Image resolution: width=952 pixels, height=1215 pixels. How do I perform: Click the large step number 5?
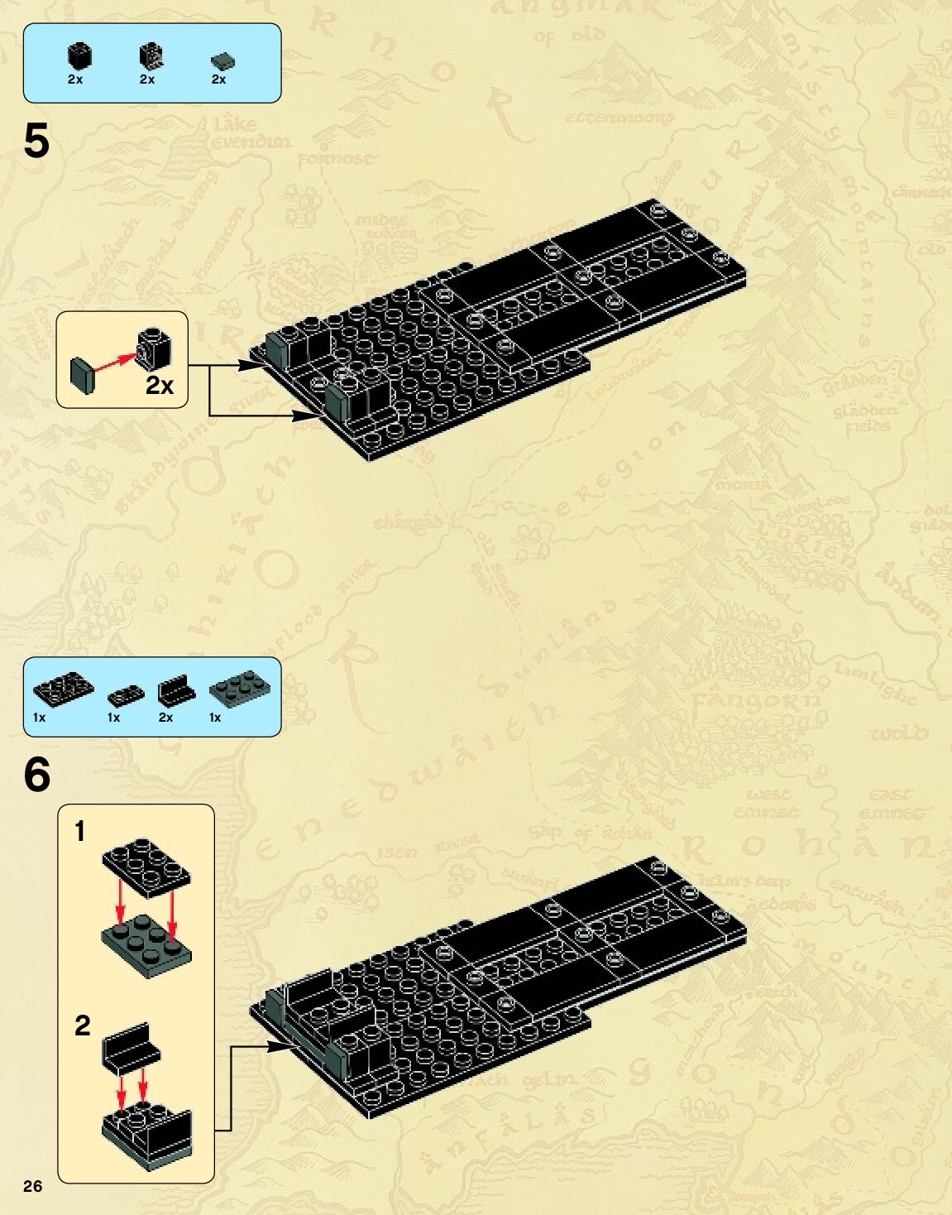(x=36, y=142)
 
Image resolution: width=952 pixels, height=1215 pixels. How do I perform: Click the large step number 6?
(x=37, y=775)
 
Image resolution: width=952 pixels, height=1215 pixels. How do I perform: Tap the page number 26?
(x=32, y=1186)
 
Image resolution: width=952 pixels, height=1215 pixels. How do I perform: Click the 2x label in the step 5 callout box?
(x=160, y=385)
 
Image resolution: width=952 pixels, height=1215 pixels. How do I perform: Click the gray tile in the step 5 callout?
(x=83, y=373)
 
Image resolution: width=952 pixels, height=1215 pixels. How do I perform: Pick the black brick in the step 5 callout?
(x=155, y=348)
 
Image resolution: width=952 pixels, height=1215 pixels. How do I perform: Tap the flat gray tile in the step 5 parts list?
(x=222, y=60)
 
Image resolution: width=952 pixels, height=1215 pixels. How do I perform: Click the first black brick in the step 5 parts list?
(x=78, y=56)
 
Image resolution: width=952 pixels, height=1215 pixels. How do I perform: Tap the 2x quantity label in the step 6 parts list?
(x=165, y=718)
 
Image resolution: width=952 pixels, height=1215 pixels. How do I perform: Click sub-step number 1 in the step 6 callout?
(x=79, y=831)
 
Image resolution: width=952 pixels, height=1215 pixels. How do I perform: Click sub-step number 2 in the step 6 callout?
(x=82, y=1025)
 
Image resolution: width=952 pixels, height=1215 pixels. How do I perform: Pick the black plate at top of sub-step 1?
(x=146, y=864)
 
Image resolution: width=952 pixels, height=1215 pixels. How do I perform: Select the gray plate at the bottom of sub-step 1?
(x=146, y=944)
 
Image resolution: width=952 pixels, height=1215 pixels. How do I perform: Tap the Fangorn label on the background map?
(x=756, y=700)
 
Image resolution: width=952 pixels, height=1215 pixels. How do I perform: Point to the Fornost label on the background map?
(x=335, y=158)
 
